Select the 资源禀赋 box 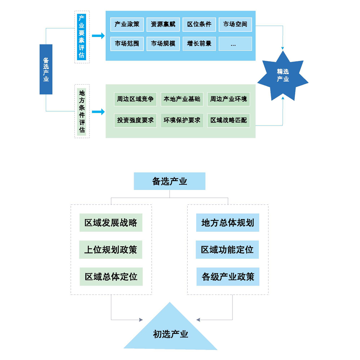[163, 24]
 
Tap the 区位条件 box [199, 24]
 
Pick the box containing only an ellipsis [235, 44]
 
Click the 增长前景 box [199, 44]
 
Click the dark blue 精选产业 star [283, 76]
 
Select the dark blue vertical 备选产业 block [46, 69]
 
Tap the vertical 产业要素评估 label [82, 37]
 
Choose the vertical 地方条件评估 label [82, 111]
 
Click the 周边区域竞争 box [135, 99]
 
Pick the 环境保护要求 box [182, 120]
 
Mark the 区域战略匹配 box [229, 120]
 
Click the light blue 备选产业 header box [170, 181]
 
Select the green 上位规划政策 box [111, 250]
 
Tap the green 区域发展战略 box [111, 223]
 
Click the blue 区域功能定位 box [227, 250]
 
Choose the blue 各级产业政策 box [228, 277]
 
